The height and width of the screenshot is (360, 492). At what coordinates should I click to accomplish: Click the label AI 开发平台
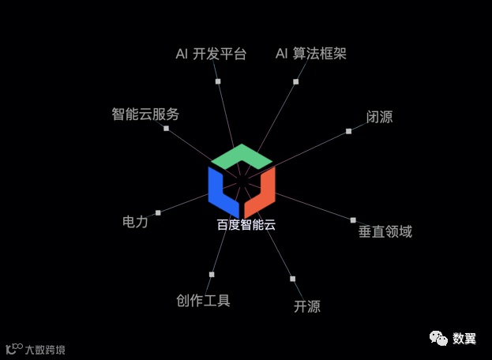(211, 54)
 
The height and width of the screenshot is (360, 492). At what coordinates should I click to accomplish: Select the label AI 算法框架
(310, 54)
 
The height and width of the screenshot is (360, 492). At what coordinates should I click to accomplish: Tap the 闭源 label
(379, 117)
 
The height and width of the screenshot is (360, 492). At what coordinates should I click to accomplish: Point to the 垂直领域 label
(385, 231)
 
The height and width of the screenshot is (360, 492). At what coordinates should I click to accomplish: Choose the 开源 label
(307, 306)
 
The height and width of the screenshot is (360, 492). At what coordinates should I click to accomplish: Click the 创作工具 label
(203, 300)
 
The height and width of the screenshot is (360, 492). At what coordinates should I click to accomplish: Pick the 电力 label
(135, 221)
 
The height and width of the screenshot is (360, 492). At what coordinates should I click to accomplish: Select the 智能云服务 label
(145, 114)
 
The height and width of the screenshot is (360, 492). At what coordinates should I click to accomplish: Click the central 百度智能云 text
(246, 224)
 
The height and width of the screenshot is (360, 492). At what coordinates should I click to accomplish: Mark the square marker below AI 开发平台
(218, 81)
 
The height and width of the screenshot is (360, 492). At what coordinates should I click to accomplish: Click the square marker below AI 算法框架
(295, 81)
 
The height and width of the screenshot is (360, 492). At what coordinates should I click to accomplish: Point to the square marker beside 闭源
(348, 131)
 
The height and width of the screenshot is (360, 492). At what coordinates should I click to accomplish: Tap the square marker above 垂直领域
(353, 219)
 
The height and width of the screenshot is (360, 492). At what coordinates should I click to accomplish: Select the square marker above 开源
(292, 279)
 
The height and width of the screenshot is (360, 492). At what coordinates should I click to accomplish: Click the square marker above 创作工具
(211, 274)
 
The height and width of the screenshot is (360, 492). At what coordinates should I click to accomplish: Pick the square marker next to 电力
(158, 212)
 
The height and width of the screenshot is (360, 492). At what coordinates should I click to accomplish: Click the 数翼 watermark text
(464, 338)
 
